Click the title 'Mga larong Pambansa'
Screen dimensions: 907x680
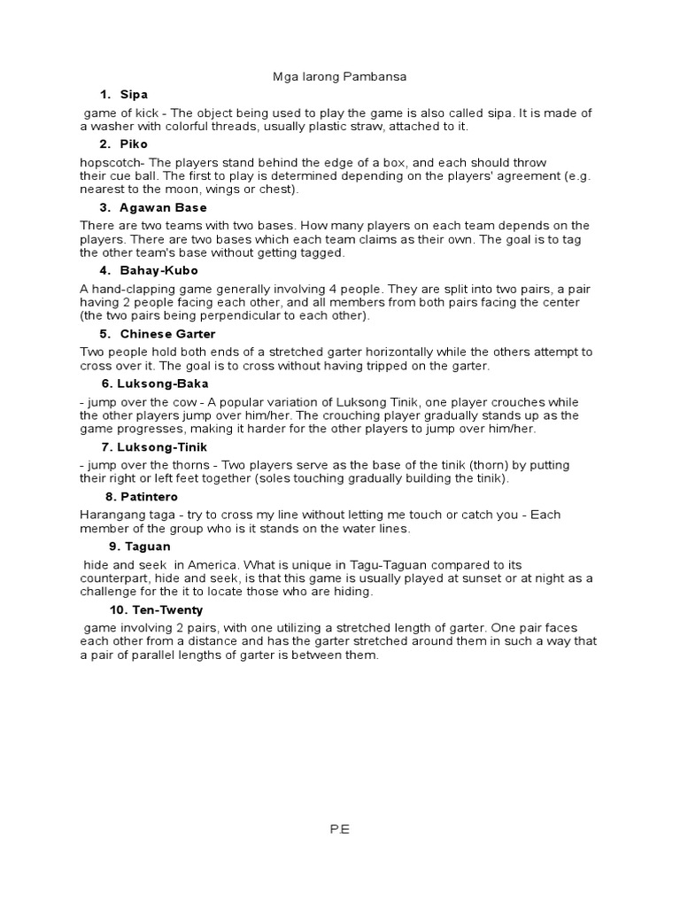tap(339, 77)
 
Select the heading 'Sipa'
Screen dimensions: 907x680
tap(134, 95)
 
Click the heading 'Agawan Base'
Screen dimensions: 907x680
tap(163, 207)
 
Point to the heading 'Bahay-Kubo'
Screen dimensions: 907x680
tap(158, 270)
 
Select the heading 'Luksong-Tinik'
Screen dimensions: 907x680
tap(164, 446)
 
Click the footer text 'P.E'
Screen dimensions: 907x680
tap(340, 830)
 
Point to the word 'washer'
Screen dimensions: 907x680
tap(111, 127)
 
